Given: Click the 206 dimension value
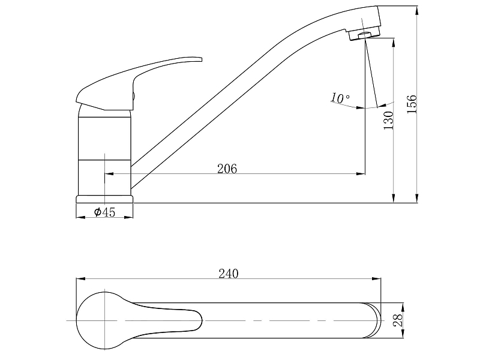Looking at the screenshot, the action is pos(227,169).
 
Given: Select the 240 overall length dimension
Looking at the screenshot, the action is pos(229,274).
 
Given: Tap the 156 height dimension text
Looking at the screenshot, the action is pos(412,104).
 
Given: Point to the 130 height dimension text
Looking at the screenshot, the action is pos(389,121).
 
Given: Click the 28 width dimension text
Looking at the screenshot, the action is pos(398,320).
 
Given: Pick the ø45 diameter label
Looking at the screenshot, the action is pos(104,212).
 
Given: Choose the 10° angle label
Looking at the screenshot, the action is pos(340,98).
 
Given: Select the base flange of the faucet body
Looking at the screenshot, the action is pos(104,199).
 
